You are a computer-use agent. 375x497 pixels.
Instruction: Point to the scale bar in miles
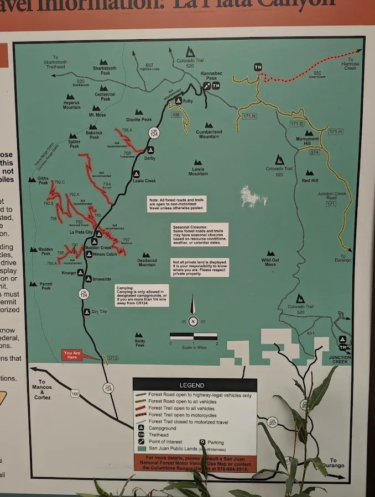pos(193,336)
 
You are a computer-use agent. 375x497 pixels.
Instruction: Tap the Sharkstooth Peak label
pos(105,71)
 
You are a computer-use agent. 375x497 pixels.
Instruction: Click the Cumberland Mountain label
pos(210,134)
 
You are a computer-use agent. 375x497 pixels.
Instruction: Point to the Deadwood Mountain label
pos(147,262)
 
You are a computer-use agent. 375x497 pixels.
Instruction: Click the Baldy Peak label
pos(139,343)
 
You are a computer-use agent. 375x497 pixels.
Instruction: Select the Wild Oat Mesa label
pos(270,262)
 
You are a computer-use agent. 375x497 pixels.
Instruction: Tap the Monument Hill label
pos(307,141)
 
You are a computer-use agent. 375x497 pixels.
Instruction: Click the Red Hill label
pos(310,181)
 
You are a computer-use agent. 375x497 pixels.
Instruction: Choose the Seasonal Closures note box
pos(199,234)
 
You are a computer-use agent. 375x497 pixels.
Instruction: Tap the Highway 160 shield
pos(75,394)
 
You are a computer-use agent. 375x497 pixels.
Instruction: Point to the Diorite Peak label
pos(139,119)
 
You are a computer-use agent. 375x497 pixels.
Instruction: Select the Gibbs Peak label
pos(43,181)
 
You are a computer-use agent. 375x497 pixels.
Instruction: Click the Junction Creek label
pos(340,359)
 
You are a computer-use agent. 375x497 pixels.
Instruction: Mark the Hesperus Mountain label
pos(71,105)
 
